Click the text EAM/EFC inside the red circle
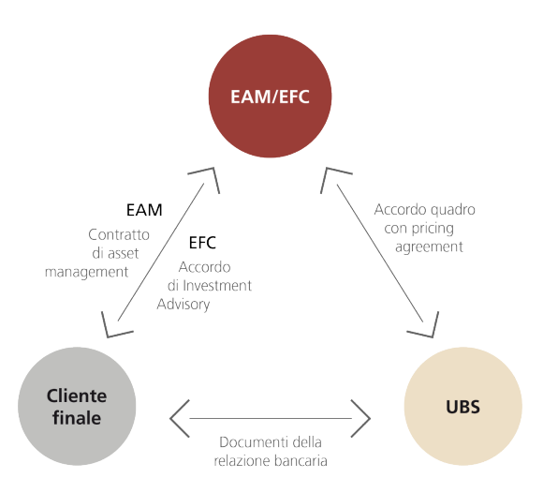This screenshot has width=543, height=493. coord(271,96)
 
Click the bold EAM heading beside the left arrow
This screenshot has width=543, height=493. coord(143,211)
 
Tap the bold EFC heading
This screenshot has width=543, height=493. coord(202,243)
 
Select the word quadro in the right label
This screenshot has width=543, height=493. coord(450,210)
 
